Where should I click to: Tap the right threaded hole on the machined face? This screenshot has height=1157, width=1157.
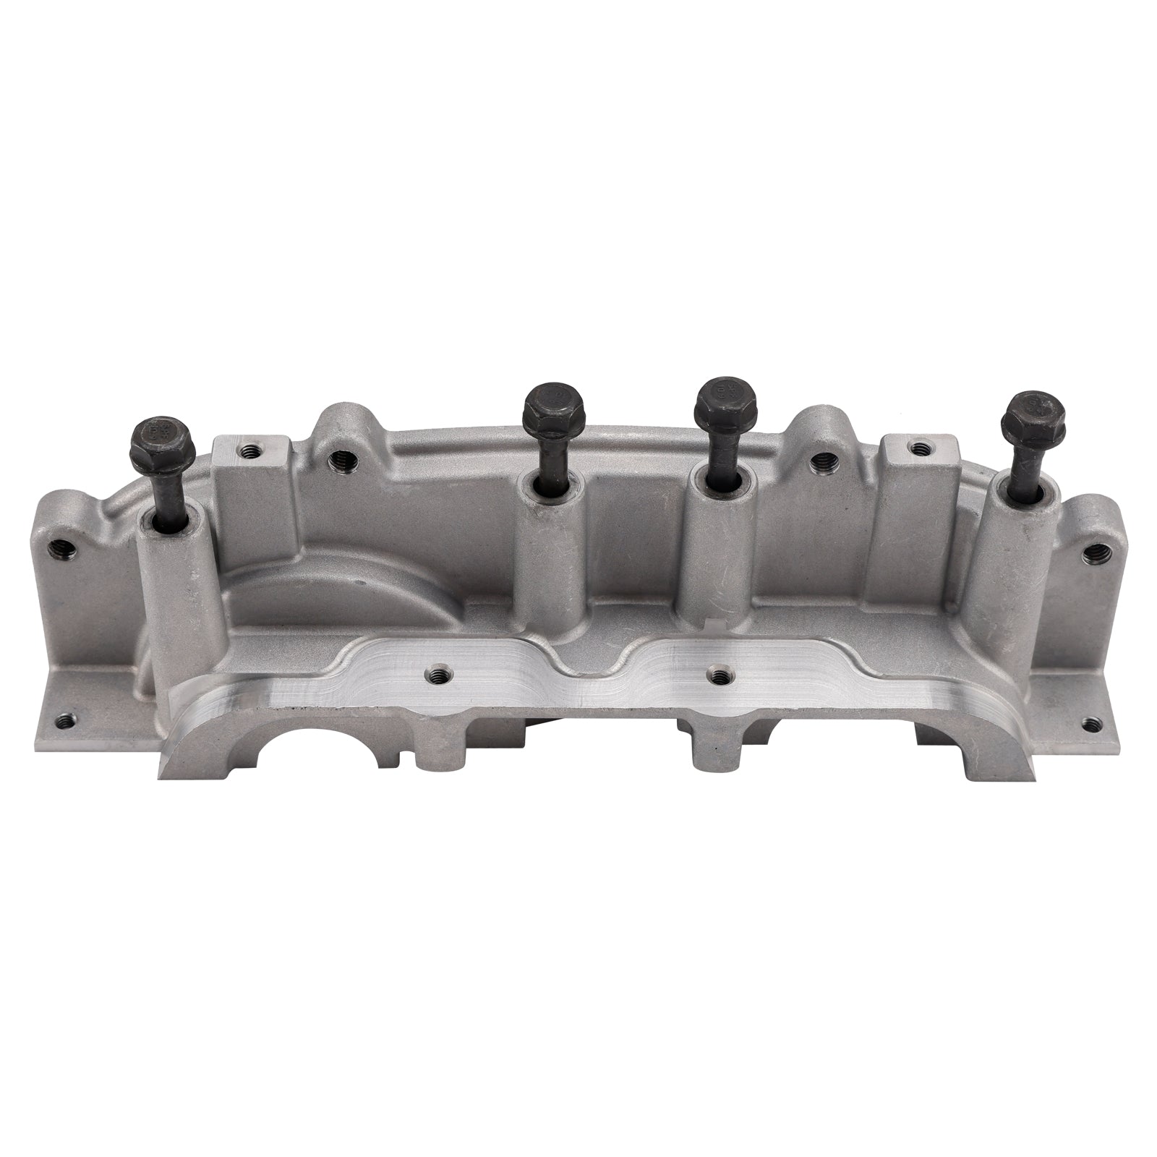(x=718, y=675)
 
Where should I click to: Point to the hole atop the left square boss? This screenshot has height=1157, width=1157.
(x=251, y=451)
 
